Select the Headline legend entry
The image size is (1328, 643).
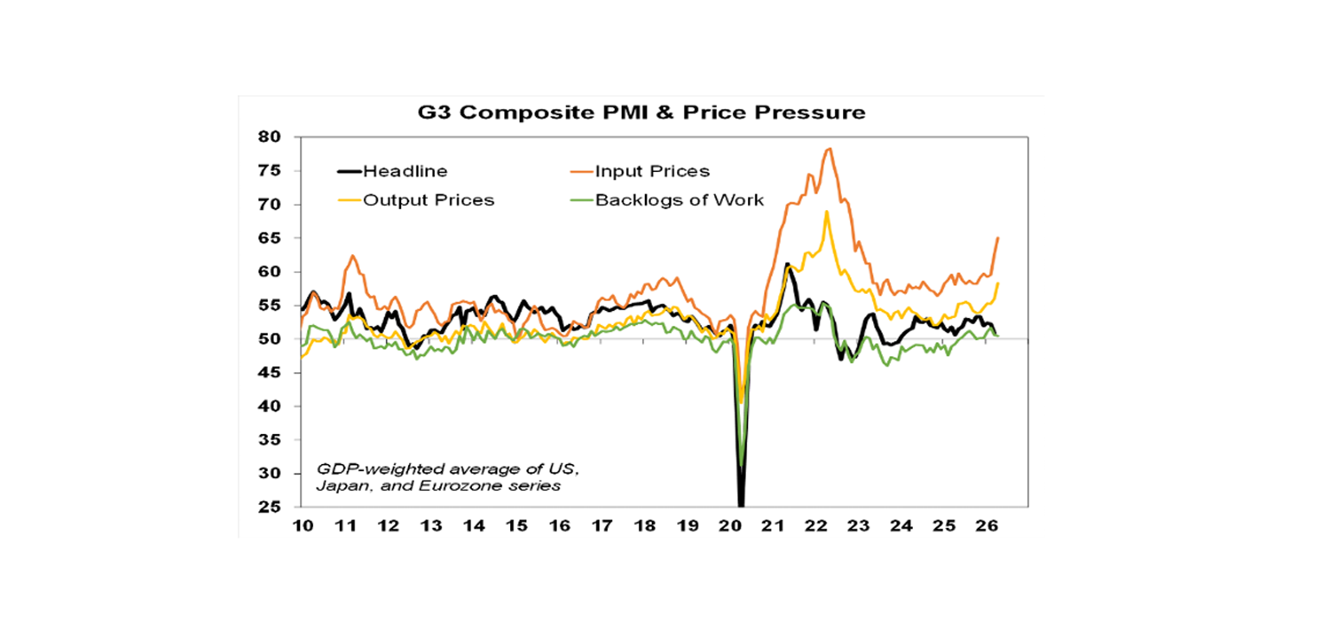tap(405, 171)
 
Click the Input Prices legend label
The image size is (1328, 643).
tap(653, 171)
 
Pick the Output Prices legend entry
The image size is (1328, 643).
tap(429, 200)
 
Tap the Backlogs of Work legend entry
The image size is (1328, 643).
tap(680, 200)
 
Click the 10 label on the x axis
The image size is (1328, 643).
tap(304, 525)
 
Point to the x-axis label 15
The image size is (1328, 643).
tap(518, 525)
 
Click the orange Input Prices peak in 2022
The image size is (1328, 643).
tap(830, 149)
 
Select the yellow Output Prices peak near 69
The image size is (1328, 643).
tap(827, 212)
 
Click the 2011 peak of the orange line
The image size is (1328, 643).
tap(353, 256)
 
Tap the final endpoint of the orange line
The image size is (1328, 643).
tap(999, 238)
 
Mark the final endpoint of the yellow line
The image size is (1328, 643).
tap(999, 283)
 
